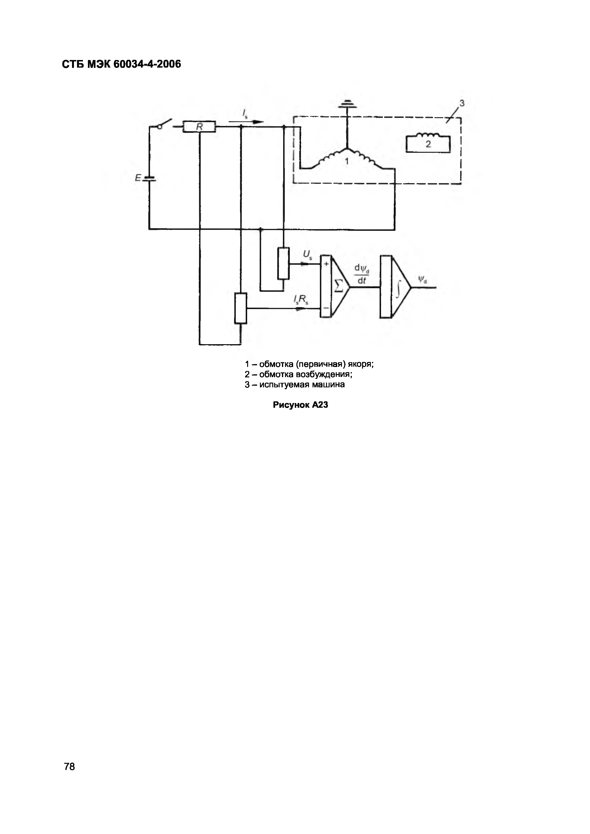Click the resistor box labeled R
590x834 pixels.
[x=200, y=127]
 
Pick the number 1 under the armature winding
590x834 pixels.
[x=347, y=161]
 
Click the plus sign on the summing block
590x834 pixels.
[x=326, y=264]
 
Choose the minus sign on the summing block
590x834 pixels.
[x=326, y=308]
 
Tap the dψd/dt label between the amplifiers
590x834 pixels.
[x=362, y=275]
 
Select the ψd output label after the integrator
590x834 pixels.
[x=422, y=280]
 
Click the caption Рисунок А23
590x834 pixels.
[x=300, y=405]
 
